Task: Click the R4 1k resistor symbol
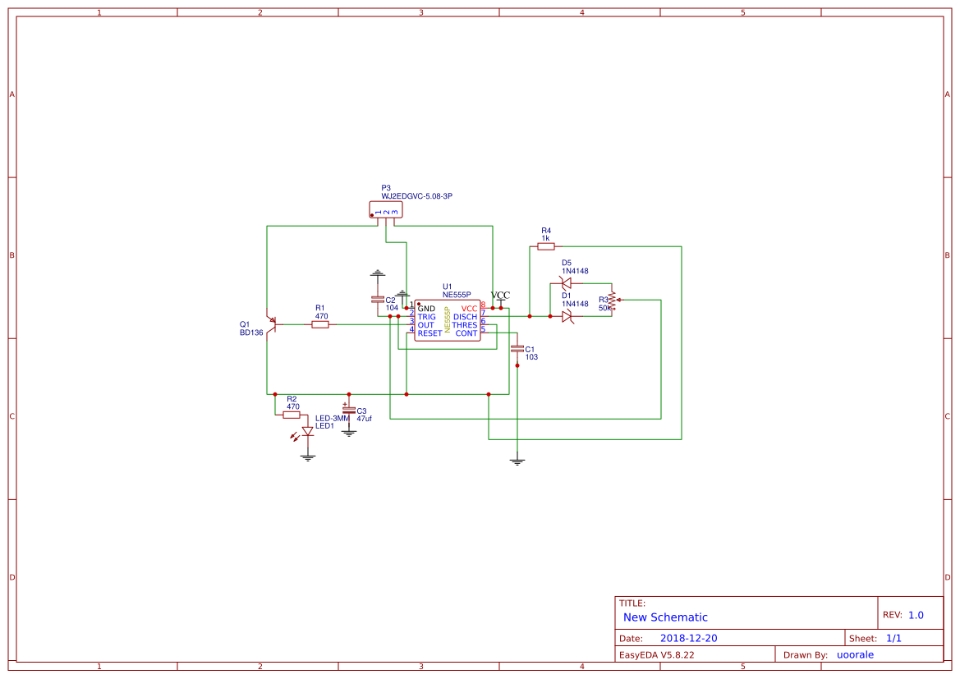point(546,246)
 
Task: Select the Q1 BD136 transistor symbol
point(270,324)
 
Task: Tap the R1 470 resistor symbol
point(320,324)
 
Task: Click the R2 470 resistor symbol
point(292,415)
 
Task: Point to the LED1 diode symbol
point(307,432)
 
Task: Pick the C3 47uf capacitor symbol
point(349,409)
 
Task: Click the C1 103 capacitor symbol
point(517,349)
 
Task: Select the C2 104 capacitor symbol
point(377,300)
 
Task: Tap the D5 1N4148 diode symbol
point(566,283)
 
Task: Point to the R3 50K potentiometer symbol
point(613,301)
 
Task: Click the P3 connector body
point(386,211)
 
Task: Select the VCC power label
point(500,296)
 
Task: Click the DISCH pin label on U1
point(465,317)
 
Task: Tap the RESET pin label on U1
point(429,333)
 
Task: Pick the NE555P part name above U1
point(456,294)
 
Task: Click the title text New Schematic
point(665,617)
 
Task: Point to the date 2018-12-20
point(688,638)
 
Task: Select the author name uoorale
point(855,654)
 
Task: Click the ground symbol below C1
point(517,461)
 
